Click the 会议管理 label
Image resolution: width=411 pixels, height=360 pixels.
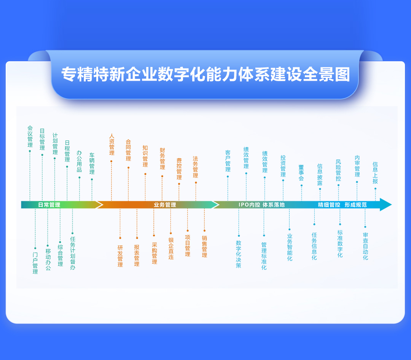coord(30,137)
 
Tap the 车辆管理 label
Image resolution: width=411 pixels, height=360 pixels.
coord(92,164)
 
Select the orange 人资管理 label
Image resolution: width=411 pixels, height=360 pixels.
coord(112,145)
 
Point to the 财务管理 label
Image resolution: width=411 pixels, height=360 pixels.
coord(162,159)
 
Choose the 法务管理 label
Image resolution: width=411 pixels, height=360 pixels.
coord(196,167)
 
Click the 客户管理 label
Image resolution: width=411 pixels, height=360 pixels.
coord(228,161)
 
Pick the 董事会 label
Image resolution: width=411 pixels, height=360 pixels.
coord(301,173)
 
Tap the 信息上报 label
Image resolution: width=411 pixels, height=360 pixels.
coord(375,173)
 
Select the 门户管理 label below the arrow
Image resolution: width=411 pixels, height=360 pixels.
coord(35,263)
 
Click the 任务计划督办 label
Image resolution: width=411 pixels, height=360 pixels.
coord(73,253)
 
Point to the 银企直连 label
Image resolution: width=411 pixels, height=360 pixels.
coord(171,248)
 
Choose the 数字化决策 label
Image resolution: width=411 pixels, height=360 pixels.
coord(239,254)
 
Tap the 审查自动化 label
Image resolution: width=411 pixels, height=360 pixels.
coord(365,246)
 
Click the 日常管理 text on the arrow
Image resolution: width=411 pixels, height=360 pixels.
coord(49,205)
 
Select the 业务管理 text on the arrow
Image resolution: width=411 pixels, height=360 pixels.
coord(165,205)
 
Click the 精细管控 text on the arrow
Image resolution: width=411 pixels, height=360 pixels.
coord(329,205)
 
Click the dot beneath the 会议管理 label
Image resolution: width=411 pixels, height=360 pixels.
coord(30,151)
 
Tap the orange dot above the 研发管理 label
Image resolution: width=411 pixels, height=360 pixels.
coord(120,238)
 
